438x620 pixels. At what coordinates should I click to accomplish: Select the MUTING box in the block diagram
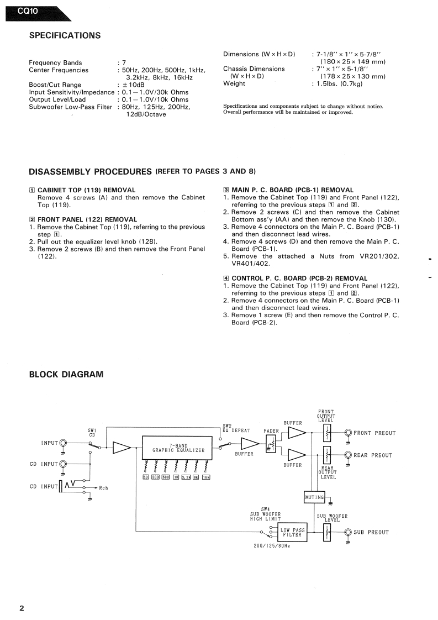(x=314, y=497)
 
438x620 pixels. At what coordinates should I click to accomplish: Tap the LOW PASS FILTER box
(x=292, y=533)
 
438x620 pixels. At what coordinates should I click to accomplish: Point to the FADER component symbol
(x=271, y=444)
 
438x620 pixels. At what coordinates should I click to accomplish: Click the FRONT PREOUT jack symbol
(x=349, y=433)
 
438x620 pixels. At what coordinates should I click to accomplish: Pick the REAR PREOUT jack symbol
(x=349, y=455)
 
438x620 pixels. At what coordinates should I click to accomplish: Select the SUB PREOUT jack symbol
(x=349, y=532)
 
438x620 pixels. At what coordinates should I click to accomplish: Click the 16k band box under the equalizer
(x=206, y=477)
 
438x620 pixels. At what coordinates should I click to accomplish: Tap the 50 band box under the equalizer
(x=146, y=477)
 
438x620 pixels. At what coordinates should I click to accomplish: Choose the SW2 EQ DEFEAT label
(x=236, y=428)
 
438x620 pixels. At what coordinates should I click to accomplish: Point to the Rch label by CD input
(x=104, y=488)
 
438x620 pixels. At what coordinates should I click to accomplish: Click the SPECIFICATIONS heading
(x=65, y=36)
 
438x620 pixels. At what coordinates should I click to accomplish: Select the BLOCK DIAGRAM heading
(x=66, y=375)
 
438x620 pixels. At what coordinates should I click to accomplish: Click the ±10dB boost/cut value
(x=133, y=85)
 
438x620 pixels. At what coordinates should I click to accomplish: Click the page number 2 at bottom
(x=22, y=608)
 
